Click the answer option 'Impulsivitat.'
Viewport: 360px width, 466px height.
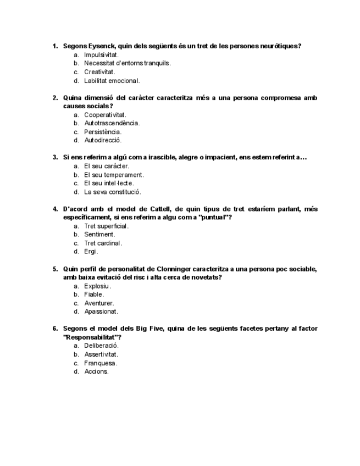pyautogui.click(x=101, y=55)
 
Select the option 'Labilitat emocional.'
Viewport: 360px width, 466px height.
pyautogui.click(x=112, y=81)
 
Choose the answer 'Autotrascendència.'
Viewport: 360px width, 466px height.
pyautogui.click(x=112, y=123)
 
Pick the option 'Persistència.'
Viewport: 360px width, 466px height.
pyautogui.click(x=103, y=132)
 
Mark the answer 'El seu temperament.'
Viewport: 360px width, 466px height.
pyautogui.click(x=114, y=175)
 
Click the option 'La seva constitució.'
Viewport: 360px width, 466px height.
pyautogui.click(x=112, y=192)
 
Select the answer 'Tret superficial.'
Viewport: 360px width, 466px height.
pyautogui.click(x=106, y=226)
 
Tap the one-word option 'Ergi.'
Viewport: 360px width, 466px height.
pyautogui.click(x=91, y=252)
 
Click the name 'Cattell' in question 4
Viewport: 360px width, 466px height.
pyautogui.click(x=153, y=209)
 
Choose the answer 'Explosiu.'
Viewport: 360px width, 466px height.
pyautogui.click(x=97, y=286)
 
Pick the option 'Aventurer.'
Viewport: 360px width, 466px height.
pyautogui.click(x=99, y=303)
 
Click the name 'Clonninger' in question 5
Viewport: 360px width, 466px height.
pyautogui.click(x=177, y=269)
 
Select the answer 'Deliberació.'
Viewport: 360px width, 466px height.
pyautogui.click(x=101, y=346)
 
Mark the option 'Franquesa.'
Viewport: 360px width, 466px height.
pyautogui.click(x=101, y=363)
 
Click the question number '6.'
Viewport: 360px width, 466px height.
pyautogui.click(x=55, y=329)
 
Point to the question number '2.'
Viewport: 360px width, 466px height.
pyautogui.click(x=55, y=98)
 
